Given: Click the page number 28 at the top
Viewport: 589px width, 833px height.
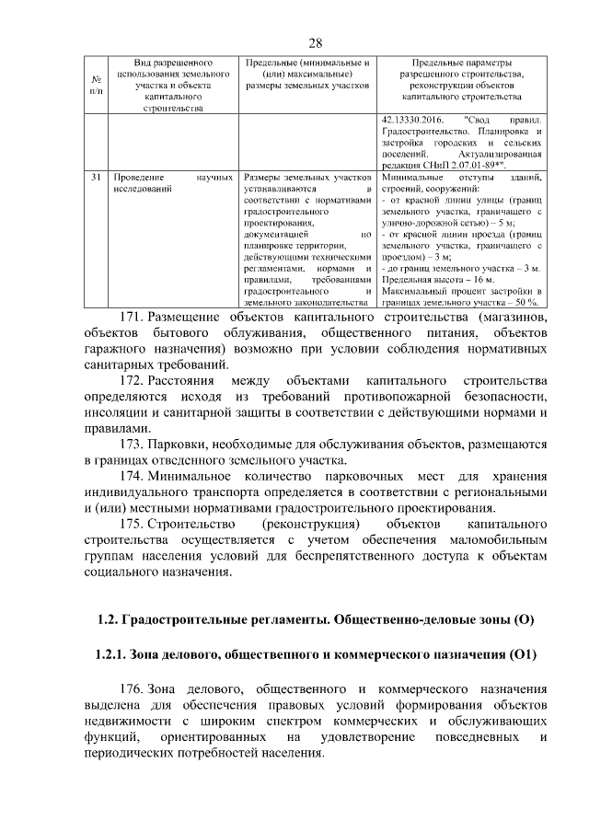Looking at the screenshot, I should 315,43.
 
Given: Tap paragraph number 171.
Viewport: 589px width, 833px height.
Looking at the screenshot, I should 132,318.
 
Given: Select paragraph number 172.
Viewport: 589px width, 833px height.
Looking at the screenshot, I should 132,380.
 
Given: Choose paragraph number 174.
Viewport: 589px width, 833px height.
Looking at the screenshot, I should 132,476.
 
